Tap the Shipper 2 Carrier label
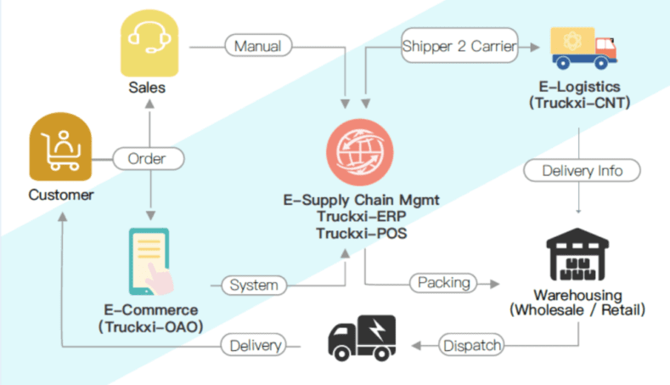pyautogui.click(x=459, y=47)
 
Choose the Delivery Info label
pyautogui.click(x=582, y=171)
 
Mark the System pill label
pyautogui.click(x=254, y=286)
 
